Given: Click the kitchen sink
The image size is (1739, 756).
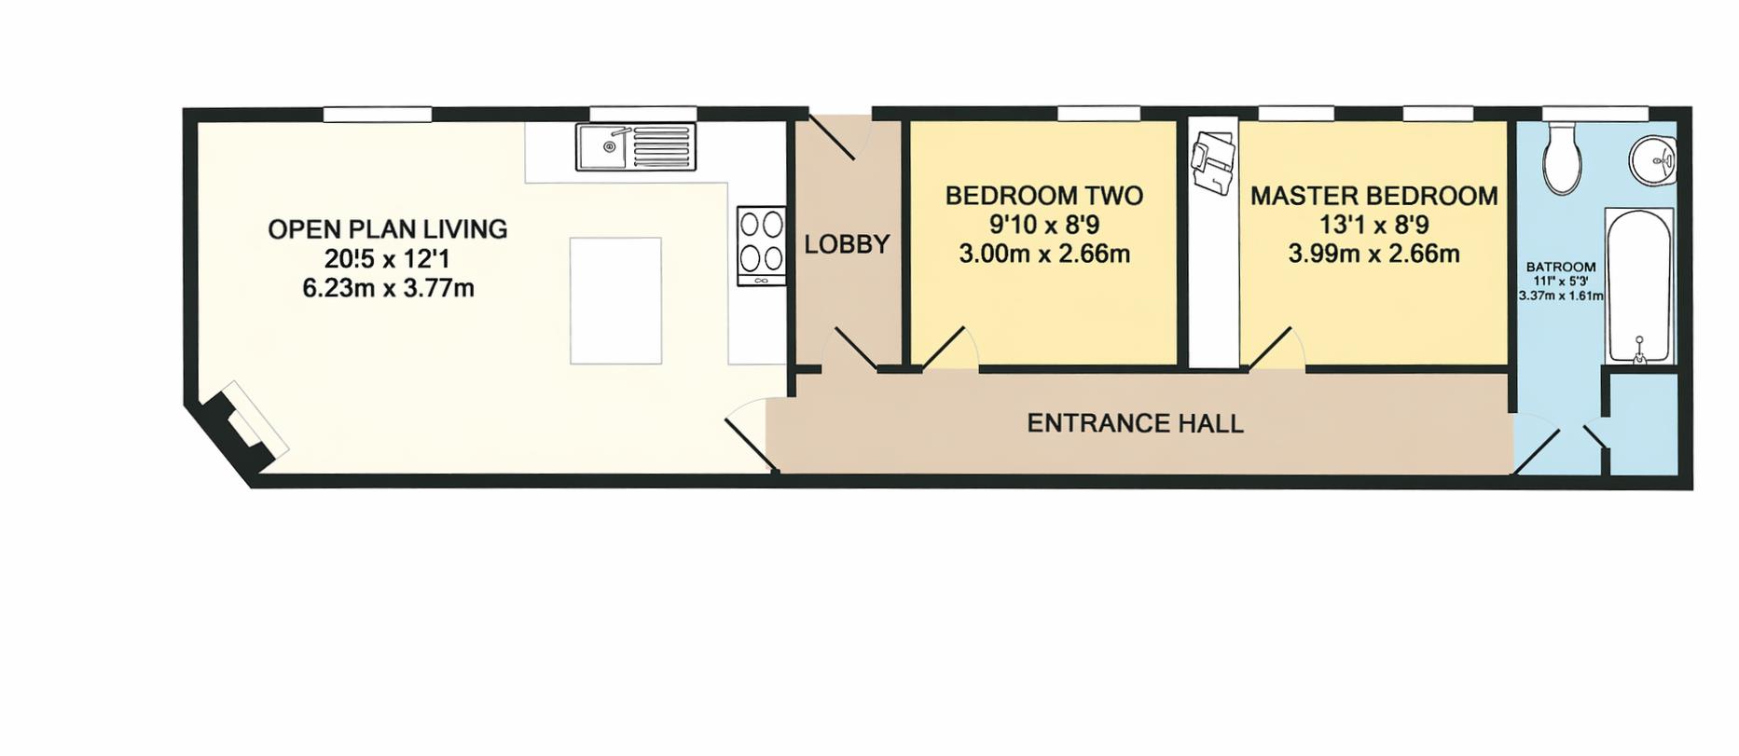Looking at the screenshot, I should pyautogui.click(x=635, y=147).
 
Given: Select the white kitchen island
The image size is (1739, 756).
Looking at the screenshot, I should pyautogui.click(x=615, y=300).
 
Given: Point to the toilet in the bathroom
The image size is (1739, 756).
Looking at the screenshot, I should pyautogui.click(x=1562, y=160).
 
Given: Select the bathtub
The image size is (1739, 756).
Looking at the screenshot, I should pyautogui.click(x=1638, y=284).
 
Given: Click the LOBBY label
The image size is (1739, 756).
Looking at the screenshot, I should pyautogui.click(x=847, y=244).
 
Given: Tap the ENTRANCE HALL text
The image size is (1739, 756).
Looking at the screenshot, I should pyautogui.click(x=1135, y=423).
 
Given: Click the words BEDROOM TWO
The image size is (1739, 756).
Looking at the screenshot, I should pyautogui.click(x=1043, y=196).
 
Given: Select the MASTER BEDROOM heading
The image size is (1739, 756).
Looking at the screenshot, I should pyautogui.click(x=1373, y=196).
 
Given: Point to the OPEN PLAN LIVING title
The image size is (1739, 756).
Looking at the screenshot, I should pyautogui.click(x=387, y=229).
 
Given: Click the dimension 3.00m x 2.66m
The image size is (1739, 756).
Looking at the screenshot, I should pyautogui.click(x=1044, y=254).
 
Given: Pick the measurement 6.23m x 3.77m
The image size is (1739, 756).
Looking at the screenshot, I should pyautogui.click(x=388, y=288).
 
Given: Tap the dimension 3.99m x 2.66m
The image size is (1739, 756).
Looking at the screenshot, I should pyautogui.click(x=1373, y=254).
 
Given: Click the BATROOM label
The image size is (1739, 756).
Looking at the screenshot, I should pyautogui.click(x=1560, y=268).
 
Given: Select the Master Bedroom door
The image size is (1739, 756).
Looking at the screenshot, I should pyautogui.click(x=1277, y=350).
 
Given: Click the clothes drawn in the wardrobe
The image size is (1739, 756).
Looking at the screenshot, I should pyautogui.click(x=1212, y=163).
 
